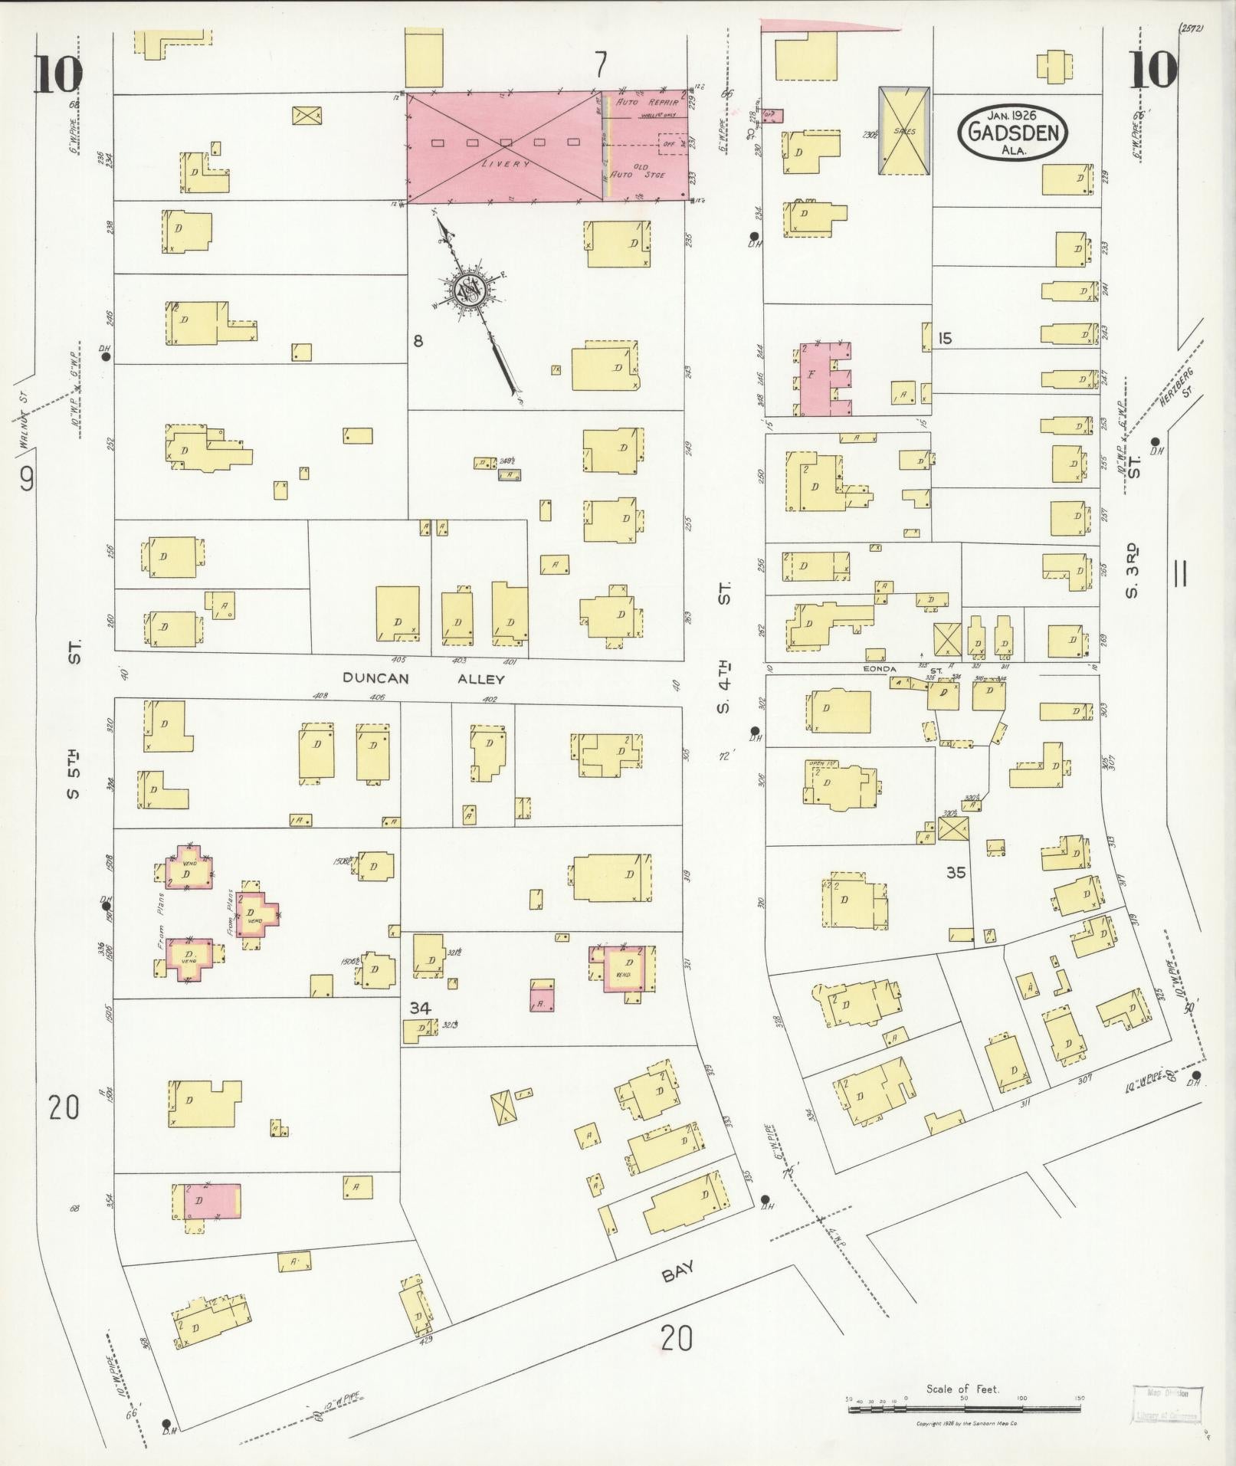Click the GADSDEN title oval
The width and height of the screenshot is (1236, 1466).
click(1011, 132)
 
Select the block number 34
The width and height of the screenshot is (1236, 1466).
click(419, 1008)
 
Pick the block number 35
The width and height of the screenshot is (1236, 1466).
click(955, 872)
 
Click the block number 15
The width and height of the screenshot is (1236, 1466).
click(945, 338)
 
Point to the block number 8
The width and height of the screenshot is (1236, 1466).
click(418, 341)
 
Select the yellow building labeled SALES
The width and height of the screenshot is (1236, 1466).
click(904, 130)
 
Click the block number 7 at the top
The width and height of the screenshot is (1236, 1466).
click(601, 66)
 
